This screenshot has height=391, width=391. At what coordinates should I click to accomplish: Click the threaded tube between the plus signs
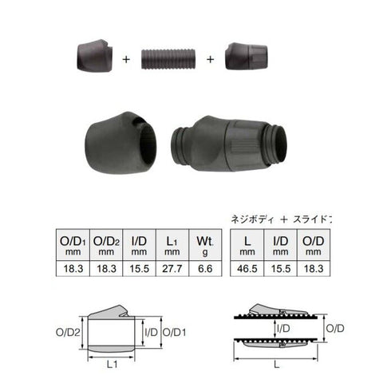[168, 59]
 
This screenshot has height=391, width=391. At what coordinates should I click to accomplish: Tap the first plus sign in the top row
[126, 59]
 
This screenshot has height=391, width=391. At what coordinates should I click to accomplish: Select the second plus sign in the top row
[210, 59]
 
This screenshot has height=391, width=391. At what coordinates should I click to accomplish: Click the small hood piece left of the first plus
[95, 55]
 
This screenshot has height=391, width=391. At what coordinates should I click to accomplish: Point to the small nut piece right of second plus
[246, 56]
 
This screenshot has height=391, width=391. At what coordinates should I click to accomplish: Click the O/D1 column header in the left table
[73, 245]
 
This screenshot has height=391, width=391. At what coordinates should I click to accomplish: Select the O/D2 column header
[106, 245]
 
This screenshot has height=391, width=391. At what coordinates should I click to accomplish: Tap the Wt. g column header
[205, 245]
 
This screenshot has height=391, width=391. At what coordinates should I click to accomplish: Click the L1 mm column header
[172, 245]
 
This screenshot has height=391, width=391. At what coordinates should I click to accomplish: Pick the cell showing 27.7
[172, 268]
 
